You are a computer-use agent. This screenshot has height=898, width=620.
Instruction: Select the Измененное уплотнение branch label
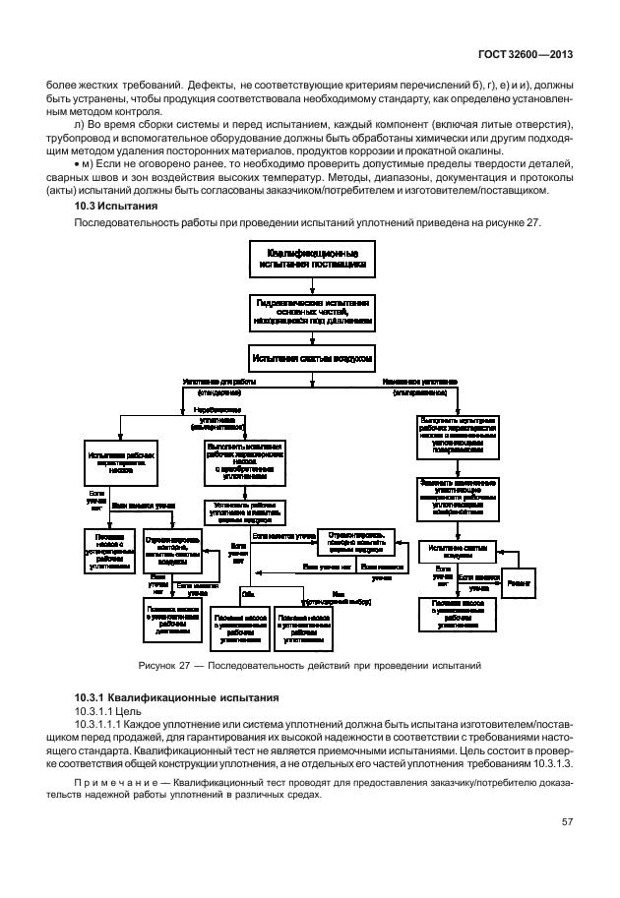tap(420, 381)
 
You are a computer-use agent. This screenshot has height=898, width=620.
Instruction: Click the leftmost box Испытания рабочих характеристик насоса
tap(121, 460)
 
